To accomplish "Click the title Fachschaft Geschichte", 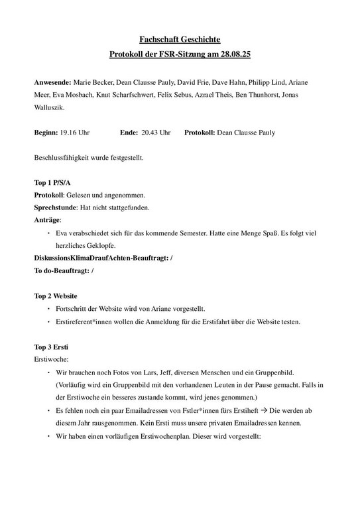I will pos(180,40).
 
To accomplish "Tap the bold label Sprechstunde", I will pos(54,207).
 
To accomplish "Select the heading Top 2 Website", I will pos(56,296).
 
